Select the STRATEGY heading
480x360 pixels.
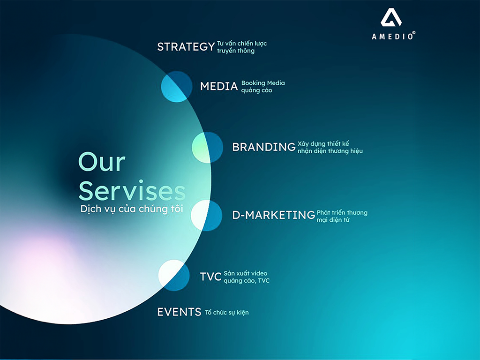(x=186, y=47)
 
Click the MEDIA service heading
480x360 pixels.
(x=218, y=86)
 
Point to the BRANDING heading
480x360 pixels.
(x=264, y=147)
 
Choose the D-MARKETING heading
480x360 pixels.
(x=273, y=215)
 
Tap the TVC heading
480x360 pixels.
(x=210, y=277)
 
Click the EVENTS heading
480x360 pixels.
(x=179, y=312)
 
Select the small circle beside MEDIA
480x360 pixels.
(x=177, y=87)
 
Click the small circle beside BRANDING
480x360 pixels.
(x=208, y=147)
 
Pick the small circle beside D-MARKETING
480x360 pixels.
(x=206, y=215)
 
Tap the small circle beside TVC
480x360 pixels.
(x=174, y=275)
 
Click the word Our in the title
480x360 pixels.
(x=102, y=162)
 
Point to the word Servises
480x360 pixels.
(x=132, y=191)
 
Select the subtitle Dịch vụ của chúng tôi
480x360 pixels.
(x=132, y=209)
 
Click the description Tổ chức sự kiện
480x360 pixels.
(x=227, y=313)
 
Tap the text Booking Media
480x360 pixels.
(x=263, y=83)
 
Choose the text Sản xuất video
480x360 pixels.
(x=246, y=273)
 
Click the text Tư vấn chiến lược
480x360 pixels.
(x=242, y=44)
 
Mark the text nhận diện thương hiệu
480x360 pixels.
(x=330, y=151)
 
